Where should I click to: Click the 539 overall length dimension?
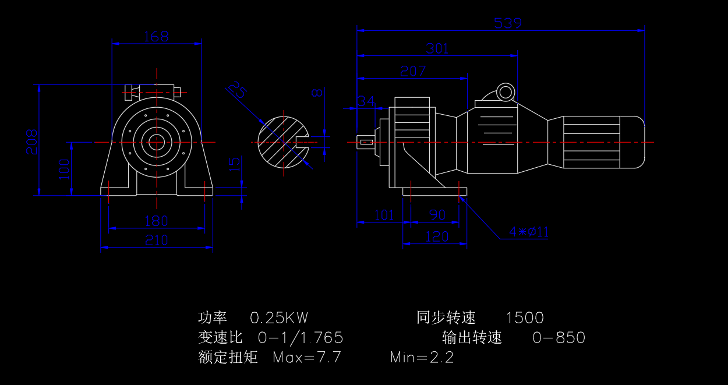[508, 23]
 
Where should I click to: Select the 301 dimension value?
[437, 48]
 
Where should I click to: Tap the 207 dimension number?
[413, 71]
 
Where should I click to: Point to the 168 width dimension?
[156, 37]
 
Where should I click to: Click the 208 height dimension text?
[31, 142]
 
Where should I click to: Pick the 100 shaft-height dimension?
[64, 168]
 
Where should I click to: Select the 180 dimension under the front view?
[156, 221]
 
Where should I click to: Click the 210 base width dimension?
[156, 240]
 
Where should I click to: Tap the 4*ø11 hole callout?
[529, 232]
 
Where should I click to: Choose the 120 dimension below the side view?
[437, 236]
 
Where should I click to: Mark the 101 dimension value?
[383, 215]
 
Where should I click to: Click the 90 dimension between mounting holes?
[437, 215]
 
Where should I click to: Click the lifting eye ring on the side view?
[505, 92]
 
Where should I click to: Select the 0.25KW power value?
[279, 318]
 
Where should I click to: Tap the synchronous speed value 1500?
[524, 318]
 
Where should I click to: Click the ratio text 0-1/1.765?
[300, 338]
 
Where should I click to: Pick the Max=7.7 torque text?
[307, 357]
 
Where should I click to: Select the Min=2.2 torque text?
[422, 357]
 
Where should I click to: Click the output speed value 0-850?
[559, 338]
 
